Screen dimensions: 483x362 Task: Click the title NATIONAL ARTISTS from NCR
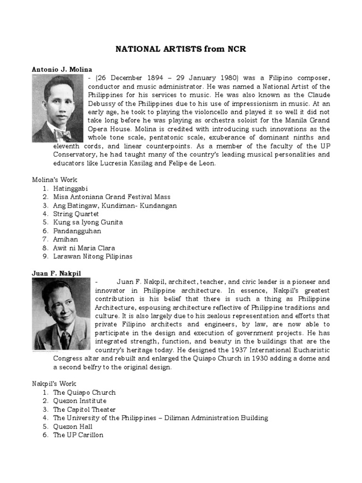[x=181, y=49]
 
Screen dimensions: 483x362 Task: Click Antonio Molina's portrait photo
[x=58, y=108]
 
